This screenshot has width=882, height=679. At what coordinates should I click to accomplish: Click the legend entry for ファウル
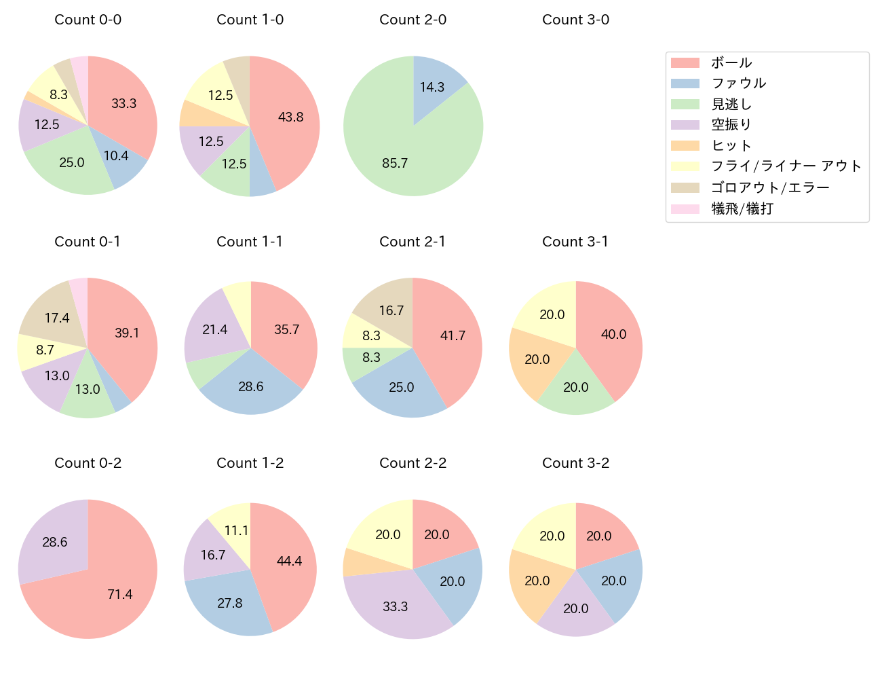(738, 84)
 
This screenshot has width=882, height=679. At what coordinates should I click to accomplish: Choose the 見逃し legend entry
(731, 105)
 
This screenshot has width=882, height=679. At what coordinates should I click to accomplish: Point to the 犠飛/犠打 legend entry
(742, 209)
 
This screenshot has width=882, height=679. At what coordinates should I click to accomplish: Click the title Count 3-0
(575, 20)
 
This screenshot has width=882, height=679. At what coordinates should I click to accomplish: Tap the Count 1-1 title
(250, 242)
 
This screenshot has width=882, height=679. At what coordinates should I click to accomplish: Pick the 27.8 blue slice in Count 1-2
(229, 603)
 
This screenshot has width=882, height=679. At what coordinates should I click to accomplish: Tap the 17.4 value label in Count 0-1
(57, 318)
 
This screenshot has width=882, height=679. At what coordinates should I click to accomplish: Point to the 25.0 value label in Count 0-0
(72, 163)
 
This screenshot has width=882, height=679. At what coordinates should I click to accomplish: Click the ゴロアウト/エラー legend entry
(770, 187)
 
